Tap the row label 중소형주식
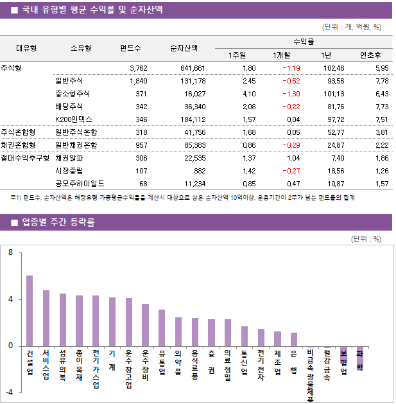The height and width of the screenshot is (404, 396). tap(73, 94)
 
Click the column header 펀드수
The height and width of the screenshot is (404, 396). tap(131, 48)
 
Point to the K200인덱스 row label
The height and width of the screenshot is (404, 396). tap(74, 119)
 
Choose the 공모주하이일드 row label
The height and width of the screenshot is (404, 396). tap(80, 184)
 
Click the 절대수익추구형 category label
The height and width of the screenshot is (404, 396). tap(26, 158)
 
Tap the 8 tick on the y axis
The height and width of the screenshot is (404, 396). tap(10, 253)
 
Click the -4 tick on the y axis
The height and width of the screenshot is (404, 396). tap(9, 392)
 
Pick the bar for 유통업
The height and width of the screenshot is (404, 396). tap(162, 328)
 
